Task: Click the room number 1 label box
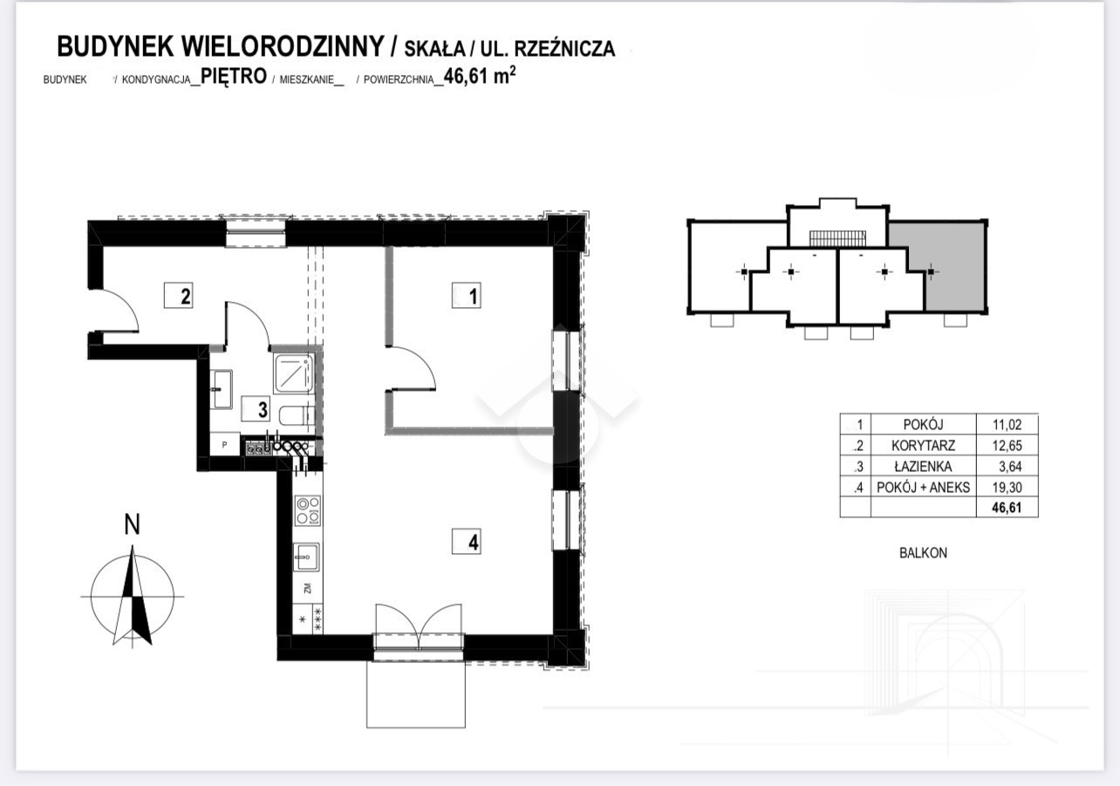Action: click(466, 296)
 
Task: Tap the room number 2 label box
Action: click(179, 296)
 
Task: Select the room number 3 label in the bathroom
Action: click(256, 409)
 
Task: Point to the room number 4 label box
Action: click(467, 542)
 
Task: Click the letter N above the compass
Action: click(132, 525)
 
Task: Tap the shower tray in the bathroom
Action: click(294, 372)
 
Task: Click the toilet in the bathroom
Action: click(297, 415)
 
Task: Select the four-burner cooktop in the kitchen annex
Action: click(308, 510)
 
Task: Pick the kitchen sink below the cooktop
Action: click(306, 557)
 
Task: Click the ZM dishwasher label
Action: click(308, 589)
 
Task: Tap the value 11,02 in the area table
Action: click(1007, 425)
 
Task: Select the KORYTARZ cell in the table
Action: click(923, 446)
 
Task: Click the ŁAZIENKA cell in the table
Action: click(923, 466)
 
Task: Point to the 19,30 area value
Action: click(1007, 487)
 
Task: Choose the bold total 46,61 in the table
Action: click(1007, 508)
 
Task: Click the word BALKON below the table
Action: click(923, 553)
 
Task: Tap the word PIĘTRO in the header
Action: click(234, 77)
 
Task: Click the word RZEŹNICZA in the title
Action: click(564, 49)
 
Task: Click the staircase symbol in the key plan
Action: click(837, 238)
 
